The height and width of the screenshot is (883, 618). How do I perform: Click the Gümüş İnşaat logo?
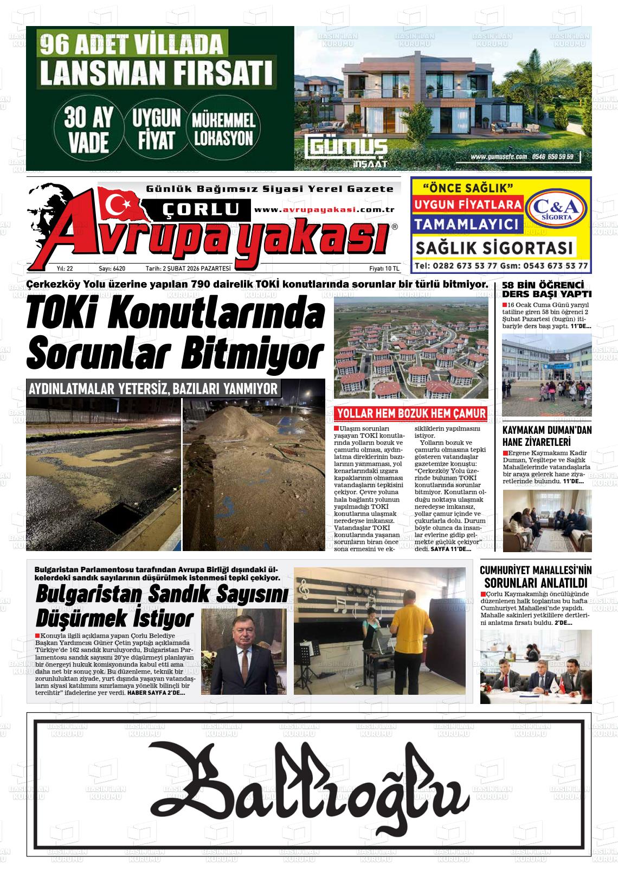pos(346,151)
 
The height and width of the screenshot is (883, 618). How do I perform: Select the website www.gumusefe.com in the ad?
pos(499,156)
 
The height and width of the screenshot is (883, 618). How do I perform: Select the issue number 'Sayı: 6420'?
pos(112,268)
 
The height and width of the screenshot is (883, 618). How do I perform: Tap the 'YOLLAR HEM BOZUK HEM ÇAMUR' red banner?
pos(410,414)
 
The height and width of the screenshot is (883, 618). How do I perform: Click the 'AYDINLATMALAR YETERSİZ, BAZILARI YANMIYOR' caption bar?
pos(153,389)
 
